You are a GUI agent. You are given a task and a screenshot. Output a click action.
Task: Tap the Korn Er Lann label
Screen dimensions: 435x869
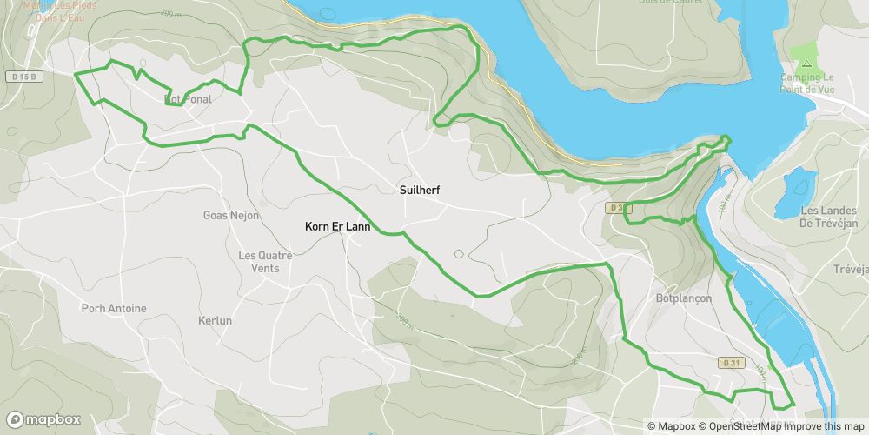(338, 227)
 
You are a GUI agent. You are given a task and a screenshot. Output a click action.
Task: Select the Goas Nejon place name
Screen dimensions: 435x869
(231, 215)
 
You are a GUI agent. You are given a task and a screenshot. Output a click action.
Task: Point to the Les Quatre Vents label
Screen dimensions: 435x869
(265, 261)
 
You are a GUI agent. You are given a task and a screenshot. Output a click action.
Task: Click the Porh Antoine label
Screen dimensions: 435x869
(114, 308)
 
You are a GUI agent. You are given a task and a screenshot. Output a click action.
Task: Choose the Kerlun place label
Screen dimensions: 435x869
(216, 320)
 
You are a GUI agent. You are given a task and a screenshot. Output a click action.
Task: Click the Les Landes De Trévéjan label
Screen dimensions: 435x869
(829, 217)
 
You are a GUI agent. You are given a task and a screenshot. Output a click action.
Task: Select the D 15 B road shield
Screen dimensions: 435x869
(25, 77)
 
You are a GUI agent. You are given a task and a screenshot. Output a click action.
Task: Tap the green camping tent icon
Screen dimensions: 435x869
(806, 64)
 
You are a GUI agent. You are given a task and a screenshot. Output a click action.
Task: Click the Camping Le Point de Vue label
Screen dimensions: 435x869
(807, 84)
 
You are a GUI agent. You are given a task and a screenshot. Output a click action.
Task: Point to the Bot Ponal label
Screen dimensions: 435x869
(188, 99)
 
